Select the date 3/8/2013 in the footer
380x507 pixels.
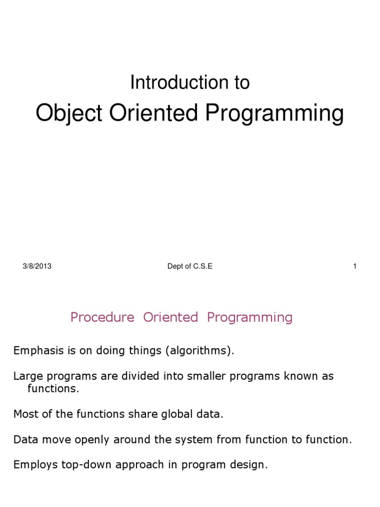point(37,266)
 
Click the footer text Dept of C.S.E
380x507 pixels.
point(190,266)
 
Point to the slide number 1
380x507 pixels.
point(355,266)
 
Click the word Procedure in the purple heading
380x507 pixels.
point(102,317)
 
